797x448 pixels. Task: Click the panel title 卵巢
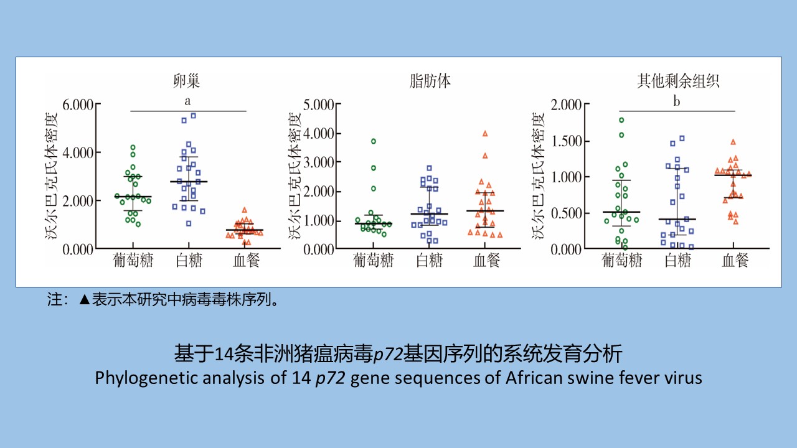click(187, 81)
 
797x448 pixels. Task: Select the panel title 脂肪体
click(430, 81)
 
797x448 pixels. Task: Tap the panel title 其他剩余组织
click(677, 81)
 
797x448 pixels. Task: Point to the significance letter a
click(187, 101)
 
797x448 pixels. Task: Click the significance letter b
click(676, 101)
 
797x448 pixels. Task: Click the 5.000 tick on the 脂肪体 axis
click(318, 104)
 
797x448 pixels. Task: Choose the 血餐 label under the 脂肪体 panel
click(486, 261)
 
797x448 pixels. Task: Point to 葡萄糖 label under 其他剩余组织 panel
click(622, 261)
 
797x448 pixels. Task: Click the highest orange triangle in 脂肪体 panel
click(485, 133)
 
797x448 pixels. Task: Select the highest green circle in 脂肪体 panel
click(374, 141)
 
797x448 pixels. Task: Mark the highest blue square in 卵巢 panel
click(193, 116)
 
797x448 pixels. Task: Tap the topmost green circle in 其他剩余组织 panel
click(621, 120)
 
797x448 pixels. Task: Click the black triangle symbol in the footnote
click(85, 300)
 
